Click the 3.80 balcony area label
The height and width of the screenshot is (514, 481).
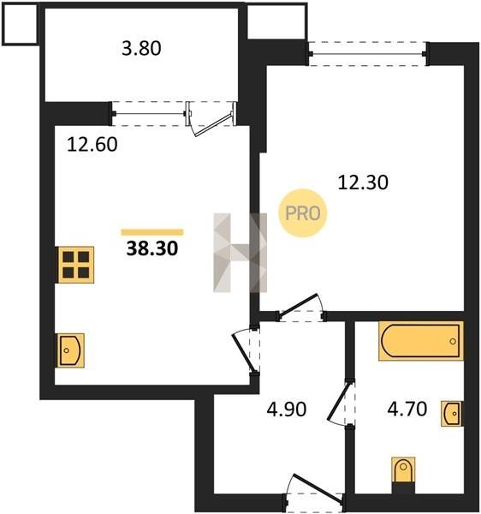pos(141,49)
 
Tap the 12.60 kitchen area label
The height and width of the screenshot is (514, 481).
pos(92,145)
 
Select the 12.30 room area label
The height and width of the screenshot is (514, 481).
pos(363,182)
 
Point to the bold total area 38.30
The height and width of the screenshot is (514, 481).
pos(152,248)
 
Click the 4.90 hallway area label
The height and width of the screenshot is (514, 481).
pos(287,409)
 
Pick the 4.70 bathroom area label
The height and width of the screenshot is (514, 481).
pos(407,409)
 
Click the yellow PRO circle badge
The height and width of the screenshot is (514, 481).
pos(303,213)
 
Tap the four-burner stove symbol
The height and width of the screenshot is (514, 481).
pos(76,265)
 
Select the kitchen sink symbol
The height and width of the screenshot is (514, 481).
pos(71,350)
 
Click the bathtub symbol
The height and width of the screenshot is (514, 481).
pos(421,341)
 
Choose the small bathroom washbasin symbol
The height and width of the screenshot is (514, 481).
pos(452,414)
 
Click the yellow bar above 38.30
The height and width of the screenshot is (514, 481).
pos(152,232)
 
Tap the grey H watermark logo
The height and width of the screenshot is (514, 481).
pos(240,253)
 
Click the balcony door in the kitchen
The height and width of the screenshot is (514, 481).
pos(211,119)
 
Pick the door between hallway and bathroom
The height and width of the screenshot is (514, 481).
pos(341,403)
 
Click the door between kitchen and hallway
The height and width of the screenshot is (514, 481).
pos(246,353)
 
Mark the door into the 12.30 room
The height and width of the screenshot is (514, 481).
pos(301,308)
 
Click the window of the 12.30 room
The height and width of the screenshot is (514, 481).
pos(368,54)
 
